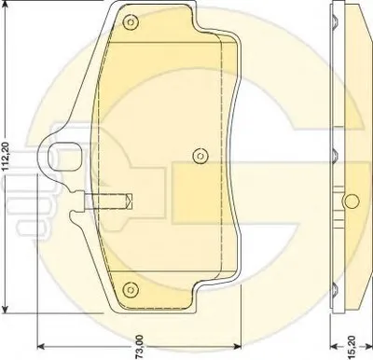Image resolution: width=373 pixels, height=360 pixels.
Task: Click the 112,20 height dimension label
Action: (x=7, y=157)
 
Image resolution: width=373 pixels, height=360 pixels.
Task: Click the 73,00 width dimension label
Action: (x=140, y=347)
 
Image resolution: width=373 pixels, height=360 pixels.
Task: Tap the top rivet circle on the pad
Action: (x=131, y=22)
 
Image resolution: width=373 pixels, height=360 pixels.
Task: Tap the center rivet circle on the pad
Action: (x=200, y=156)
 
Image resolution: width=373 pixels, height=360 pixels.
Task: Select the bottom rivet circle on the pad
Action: (x=130, y=289)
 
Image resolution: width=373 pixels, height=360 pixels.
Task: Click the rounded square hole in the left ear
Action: (x=64, y=156)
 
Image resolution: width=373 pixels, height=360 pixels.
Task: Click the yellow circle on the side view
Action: (x=352, y=201)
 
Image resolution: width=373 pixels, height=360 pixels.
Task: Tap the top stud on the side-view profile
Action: (x=334, y=22)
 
